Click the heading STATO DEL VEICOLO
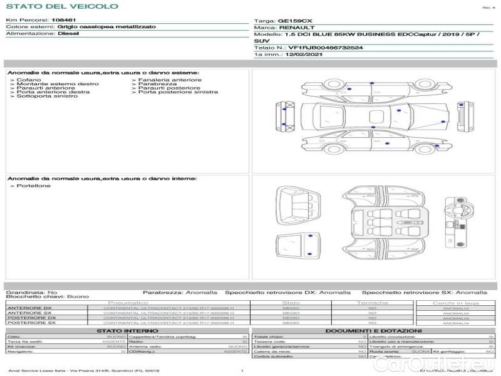[62, 6]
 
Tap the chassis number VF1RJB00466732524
[326, 48]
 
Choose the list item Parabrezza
[158, 84]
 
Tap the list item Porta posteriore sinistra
[178, 92]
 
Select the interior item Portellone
[34, 186]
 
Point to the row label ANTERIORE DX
[29, 308]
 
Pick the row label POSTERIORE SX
[31, 323]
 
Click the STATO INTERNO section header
[128, 330]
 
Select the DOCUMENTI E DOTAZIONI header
[373, 330]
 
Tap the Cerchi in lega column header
[455, 303]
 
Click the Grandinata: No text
[31, 292]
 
